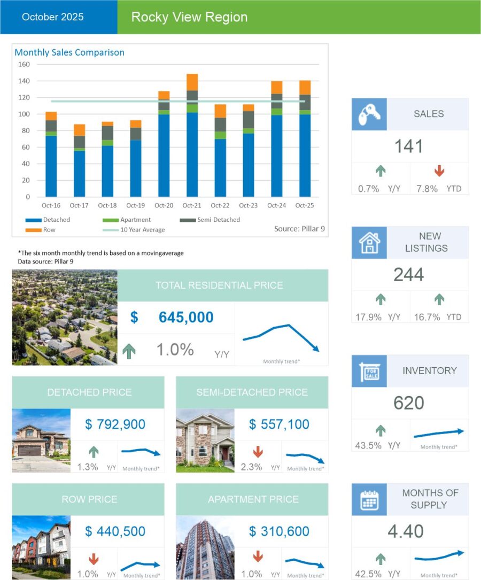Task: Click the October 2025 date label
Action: pos(53,17)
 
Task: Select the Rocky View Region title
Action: pos(189,17)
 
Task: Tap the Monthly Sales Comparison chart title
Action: pos(69,52)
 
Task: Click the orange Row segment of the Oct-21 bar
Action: pos(192,82)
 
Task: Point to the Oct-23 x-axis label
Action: pos(248,205)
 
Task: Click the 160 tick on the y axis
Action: pos(25,65)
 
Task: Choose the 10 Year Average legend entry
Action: pos(142,230)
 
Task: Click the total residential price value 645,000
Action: pos(186,318)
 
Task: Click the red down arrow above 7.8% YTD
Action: pos(439,171)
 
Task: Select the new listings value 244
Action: pos(409,275)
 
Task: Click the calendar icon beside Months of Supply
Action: pos(369,499)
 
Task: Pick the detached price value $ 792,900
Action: pos(115,424)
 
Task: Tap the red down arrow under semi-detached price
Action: pos(258,452)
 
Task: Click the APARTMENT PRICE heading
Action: pos(252,499)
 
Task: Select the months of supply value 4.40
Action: pos(409,531)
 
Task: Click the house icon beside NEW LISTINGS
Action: pos(369,242)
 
